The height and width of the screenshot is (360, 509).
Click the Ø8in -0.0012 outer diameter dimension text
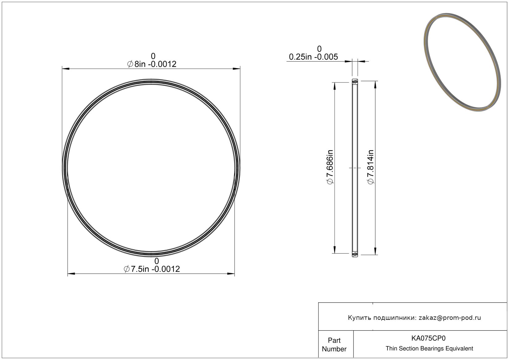[152, 64]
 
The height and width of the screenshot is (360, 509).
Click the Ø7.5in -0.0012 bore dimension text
[152, 269]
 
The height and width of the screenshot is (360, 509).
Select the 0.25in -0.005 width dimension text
[313, 57]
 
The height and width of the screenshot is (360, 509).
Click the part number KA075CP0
[428, 338]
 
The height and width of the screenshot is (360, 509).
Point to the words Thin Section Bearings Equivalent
[429, 349]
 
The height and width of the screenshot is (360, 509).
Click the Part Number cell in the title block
[334, 345]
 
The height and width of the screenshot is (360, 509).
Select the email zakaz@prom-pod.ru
[450, 318]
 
